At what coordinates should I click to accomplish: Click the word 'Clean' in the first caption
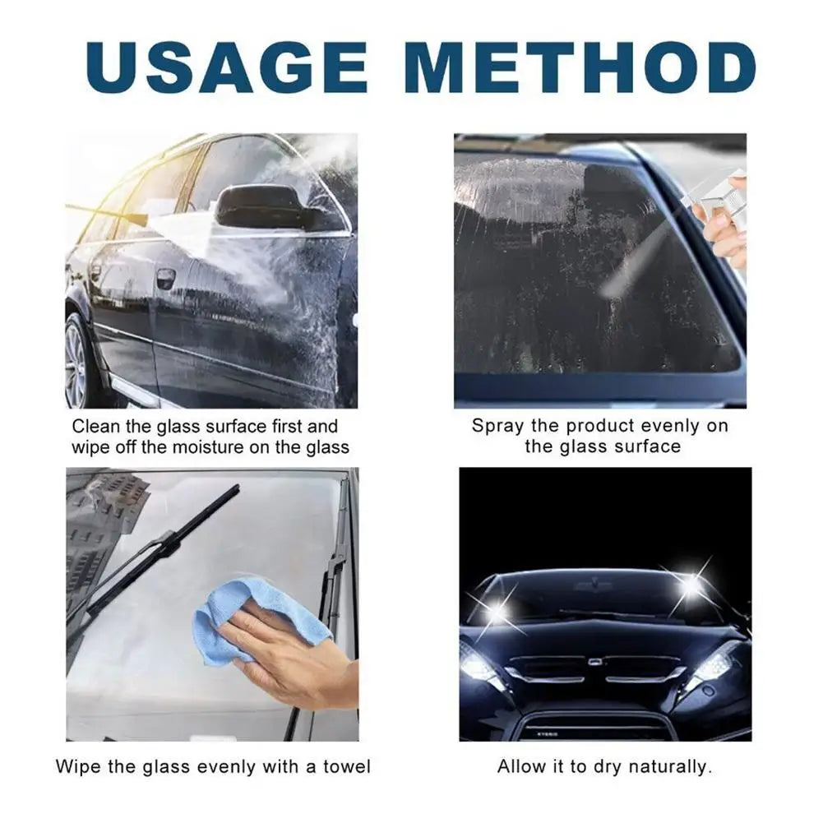pyautogui.click(x=95, y=426)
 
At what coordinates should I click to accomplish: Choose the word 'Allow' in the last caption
pyautogui.click(x=519, y=767)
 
